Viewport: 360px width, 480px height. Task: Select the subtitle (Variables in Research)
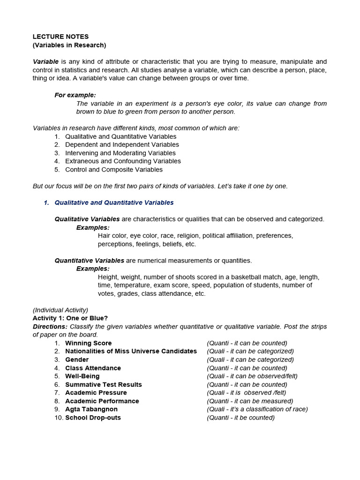[x=69, y=45]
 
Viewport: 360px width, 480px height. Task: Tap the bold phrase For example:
[x=75, y=95]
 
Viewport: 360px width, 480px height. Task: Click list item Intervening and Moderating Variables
[x=120, y=153]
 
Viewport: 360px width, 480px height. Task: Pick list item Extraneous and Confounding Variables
[x=123, y=161]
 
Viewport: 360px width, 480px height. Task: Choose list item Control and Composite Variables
[x=114, y=170]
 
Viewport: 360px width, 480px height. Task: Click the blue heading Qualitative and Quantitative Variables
[x=114, y=202]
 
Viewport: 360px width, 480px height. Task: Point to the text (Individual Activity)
[x=60, y=310]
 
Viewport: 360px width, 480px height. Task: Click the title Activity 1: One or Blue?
[x=70, y=318]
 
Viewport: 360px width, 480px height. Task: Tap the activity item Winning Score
[x=89, y=343]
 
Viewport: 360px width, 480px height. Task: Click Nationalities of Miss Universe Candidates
[x=131, y=351]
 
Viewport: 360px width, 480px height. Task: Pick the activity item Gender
[x=77, y=360]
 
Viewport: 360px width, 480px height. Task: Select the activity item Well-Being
[x=82, y=376]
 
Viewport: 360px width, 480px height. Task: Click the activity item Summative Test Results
[x=104, y=384]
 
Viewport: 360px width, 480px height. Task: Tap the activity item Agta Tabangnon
[x=91, y=409]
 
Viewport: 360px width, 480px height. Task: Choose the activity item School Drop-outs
[x=93, y=418]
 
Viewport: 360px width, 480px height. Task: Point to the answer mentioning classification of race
[x=257, y=409]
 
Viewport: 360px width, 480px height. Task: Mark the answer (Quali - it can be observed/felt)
[x=252, y=376]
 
